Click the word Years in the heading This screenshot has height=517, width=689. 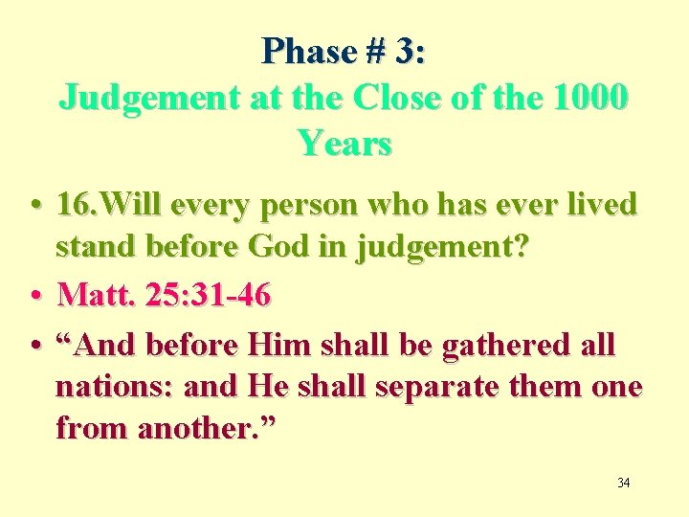point(344,143)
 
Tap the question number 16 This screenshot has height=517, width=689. point(77,204)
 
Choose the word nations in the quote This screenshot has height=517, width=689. point(116,387)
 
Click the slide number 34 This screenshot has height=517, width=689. point(623,483)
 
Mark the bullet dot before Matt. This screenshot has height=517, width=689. point(33,296)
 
